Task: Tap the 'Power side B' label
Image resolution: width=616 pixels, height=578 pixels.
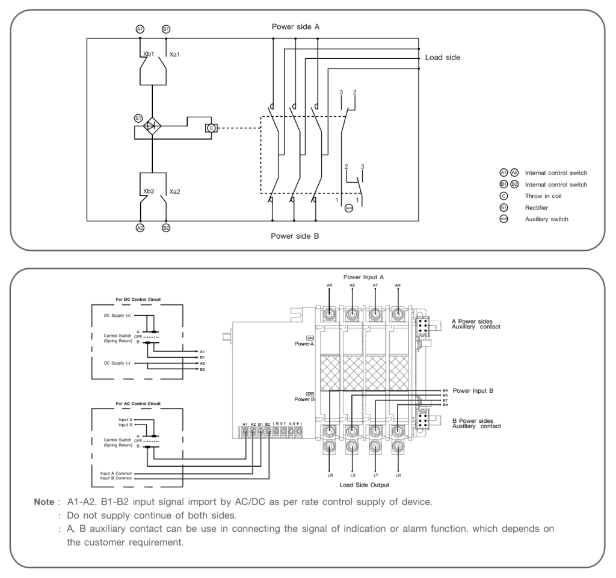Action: click(295, 236)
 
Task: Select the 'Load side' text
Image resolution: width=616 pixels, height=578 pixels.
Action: click(443, 58)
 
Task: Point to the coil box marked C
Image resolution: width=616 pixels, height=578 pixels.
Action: click(211, 128)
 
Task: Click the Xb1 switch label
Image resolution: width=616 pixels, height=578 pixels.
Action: click(149, 54)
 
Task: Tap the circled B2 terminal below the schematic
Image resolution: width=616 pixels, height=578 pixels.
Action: click(166, 229)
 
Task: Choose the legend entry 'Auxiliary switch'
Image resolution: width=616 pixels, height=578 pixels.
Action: click(546, 219)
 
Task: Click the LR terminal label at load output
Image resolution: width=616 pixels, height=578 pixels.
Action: click(330, 475)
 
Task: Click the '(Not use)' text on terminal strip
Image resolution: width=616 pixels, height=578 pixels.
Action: click(287, 423)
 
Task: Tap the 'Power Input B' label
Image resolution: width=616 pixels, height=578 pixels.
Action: click(473, 391)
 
